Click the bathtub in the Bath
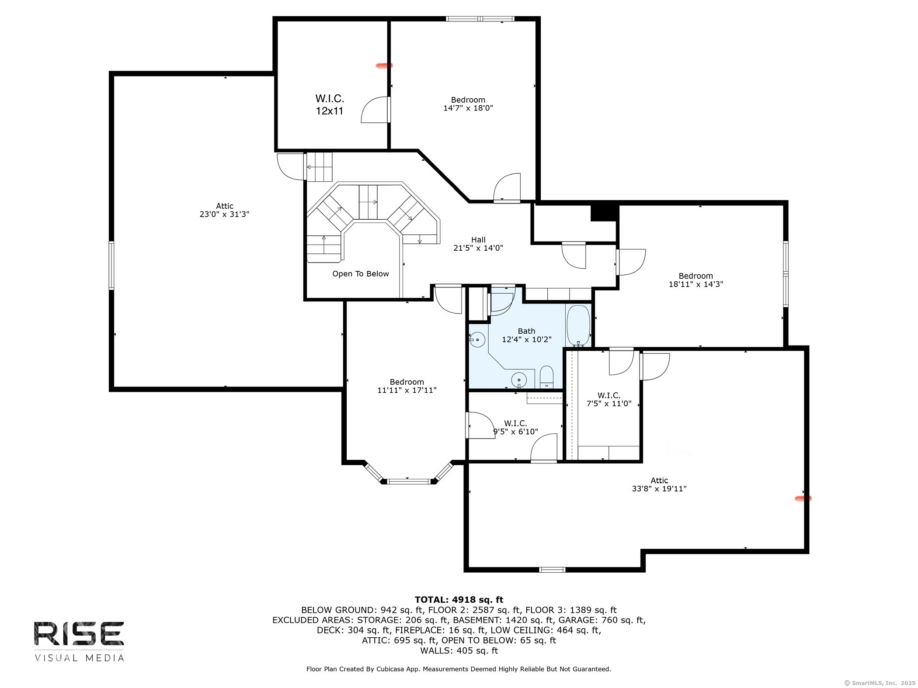pyautogui.click(x=578, y=325)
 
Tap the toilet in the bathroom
pyautogui.click(x=547, y=377)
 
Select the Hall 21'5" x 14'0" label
pyautogui.click(x=478, y=244)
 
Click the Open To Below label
pyautogui.click(x=361, y=274)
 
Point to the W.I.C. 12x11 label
pyautogui.click(x=330, y=105)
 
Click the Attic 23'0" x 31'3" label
pyautogui.click(x=225, y=210)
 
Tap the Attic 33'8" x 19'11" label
pyautogui.click(x=659, y=484)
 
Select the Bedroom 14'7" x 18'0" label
pyautogui.click(x=468, y=104)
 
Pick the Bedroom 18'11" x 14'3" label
pyautogui.click(x=696, y=280)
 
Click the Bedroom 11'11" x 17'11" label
pyautogui.click(x=407, y=386)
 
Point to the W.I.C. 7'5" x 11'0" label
pyautogui.click(x=609, y=400)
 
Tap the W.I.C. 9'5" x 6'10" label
pyautogui.click(x=516, y=428)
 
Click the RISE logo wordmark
pyautogui.click(x=79, y=634)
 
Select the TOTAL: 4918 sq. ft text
pyautogui.click(x=459, y=600)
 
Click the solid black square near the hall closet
pyautogui.click(x=604, y=213)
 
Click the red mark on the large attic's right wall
pyautogui.click(x=803, y=498)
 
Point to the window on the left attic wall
pyautogui.click(x=111, y=266)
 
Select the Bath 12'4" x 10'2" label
pyautogui.click(x=527, y=335)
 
